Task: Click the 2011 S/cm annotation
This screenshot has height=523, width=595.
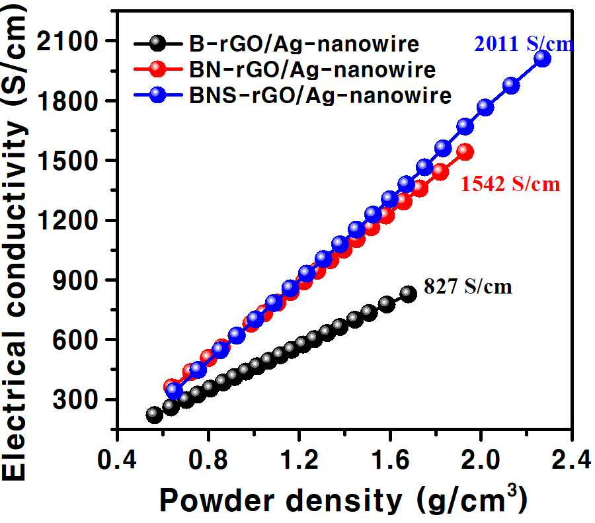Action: [524, 44]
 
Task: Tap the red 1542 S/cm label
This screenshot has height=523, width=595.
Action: [510, 184]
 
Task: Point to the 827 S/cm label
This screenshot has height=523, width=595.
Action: [468, 286]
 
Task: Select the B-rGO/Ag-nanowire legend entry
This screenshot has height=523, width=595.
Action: [276, 44]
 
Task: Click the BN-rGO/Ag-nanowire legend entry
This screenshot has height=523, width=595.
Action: [285, 69]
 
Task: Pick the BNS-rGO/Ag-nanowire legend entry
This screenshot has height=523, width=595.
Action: [293, 95]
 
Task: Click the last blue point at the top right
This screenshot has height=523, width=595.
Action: [542, 58]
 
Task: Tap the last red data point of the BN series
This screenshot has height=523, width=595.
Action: [465, 152]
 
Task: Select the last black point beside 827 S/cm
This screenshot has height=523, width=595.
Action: [409, 294]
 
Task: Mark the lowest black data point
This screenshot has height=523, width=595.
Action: [154, 415]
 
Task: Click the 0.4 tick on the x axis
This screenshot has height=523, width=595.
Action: [117, 460]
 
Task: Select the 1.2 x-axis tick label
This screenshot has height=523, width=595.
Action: [299, 460]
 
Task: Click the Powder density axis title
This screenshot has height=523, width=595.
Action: [343, 501]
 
